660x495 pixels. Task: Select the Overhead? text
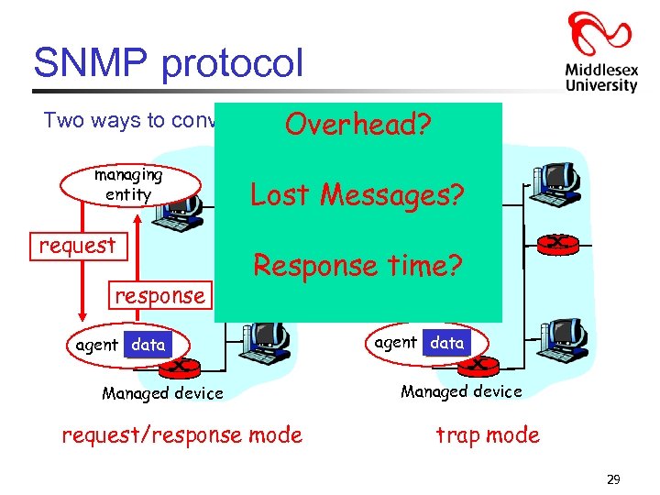357,126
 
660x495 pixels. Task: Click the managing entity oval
128,182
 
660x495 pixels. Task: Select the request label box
77,246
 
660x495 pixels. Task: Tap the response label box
159,295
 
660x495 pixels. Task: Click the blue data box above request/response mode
148,345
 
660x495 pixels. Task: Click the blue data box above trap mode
447,342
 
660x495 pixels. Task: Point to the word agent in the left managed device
96,345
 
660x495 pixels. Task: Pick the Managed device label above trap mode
461,391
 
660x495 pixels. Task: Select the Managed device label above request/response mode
162,393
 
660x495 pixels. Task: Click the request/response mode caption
181,434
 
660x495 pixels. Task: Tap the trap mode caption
487,434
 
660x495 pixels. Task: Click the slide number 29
613,478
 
